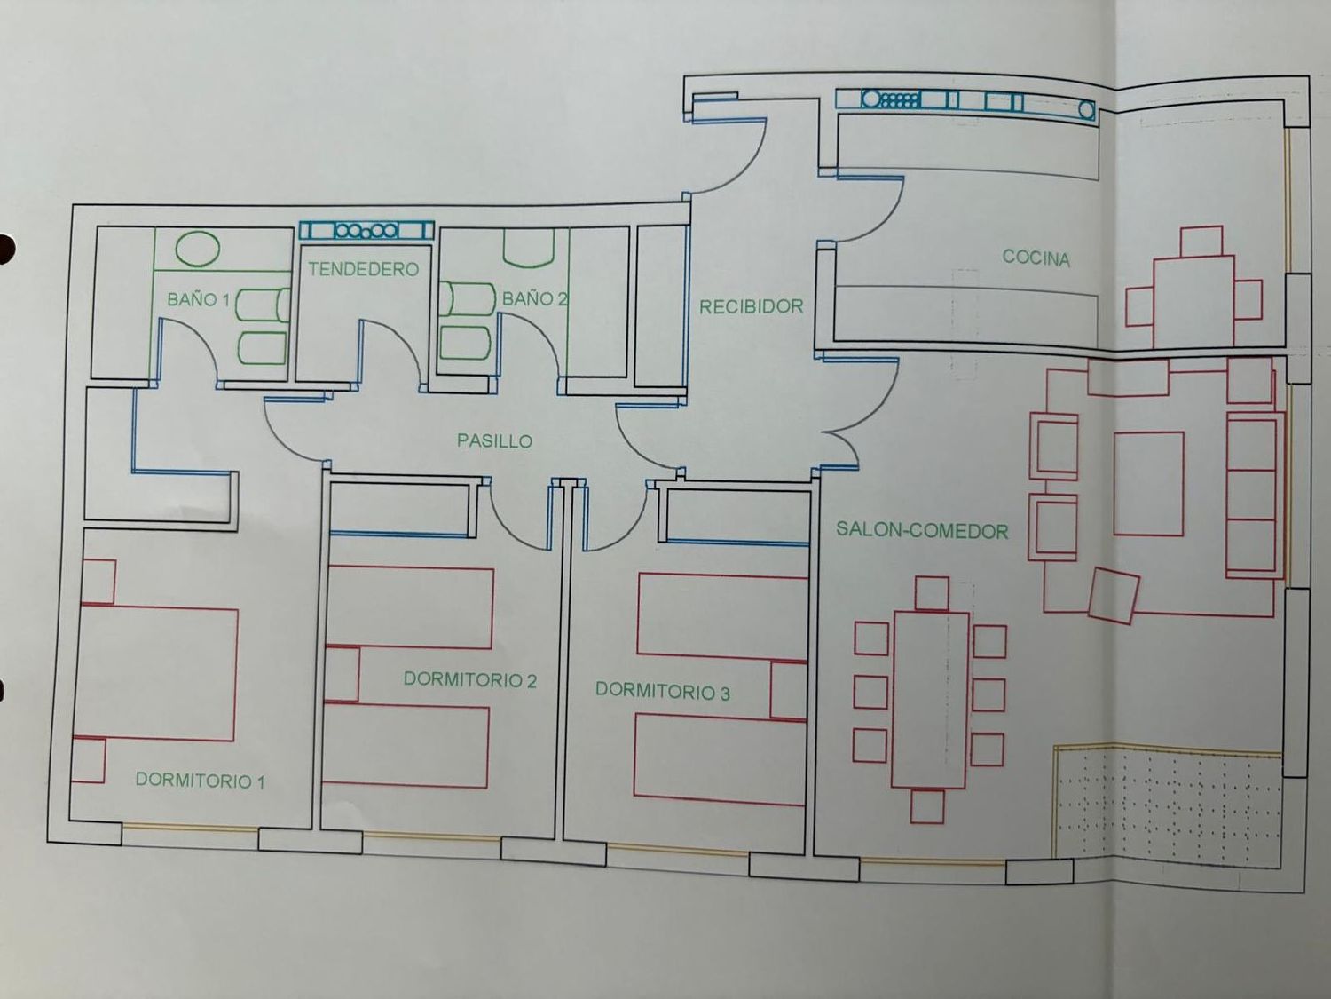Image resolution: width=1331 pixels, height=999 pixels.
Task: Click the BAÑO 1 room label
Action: click(x=198, y=299)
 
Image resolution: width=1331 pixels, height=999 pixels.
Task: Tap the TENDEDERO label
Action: click(x=363, y=269)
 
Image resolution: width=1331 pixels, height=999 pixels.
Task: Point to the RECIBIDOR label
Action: click(x=752, y=307)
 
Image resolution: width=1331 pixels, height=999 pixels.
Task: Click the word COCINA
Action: click(x=1036, y=258)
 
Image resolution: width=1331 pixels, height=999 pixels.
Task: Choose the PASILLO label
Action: click(x=495, y=441)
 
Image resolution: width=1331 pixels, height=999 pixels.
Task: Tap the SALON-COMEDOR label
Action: click(x=922, y=531)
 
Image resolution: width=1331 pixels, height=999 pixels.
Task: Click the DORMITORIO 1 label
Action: click(x=201, y=780)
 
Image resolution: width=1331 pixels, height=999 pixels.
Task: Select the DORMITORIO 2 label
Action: click(x=470, y=680)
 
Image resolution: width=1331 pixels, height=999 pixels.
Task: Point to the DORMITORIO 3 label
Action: click(x=663, y=691)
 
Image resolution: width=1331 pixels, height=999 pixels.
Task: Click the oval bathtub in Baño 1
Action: click(x=198, y=249)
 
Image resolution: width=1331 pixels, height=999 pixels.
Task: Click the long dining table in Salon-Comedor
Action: click(x=930, y=700)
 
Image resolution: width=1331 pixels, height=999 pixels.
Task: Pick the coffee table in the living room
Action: click(x=1148, y=484)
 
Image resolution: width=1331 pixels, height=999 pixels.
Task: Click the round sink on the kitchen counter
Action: click(x=871, y=99)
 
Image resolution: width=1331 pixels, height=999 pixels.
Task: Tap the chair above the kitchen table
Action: click(x=1201, y=242)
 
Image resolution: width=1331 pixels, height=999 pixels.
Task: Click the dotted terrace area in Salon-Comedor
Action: click(x=1167, y=803)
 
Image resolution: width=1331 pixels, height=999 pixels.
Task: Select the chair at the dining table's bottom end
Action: click(x=927, y=806)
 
